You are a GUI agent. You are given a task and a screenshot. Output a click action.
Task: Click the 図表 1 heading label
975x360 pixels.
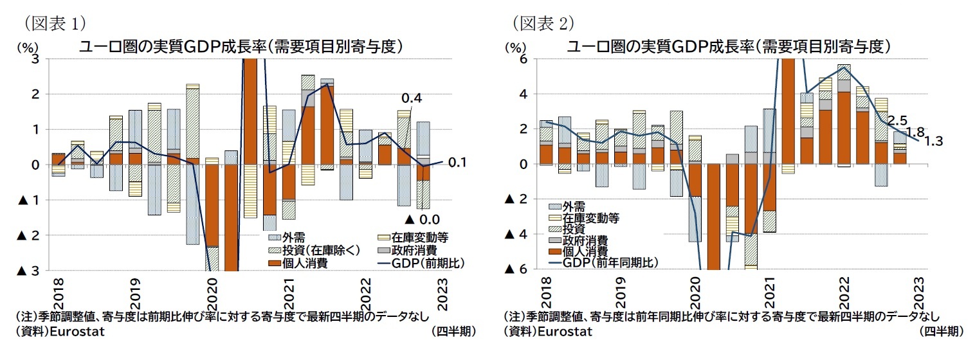55,23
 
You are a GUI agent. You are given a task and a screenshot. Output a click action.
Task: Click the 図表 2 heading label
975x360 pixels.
543,23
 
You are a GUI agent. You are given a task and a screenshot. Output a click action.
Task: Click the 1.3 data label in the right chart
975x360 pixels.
932,142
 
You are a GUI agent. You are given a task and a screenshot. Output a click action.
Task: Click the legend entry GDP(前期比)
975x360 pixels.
417,263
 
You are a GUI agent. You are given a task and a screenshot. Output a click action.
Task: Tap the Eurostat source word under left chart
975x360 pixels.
75,332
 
